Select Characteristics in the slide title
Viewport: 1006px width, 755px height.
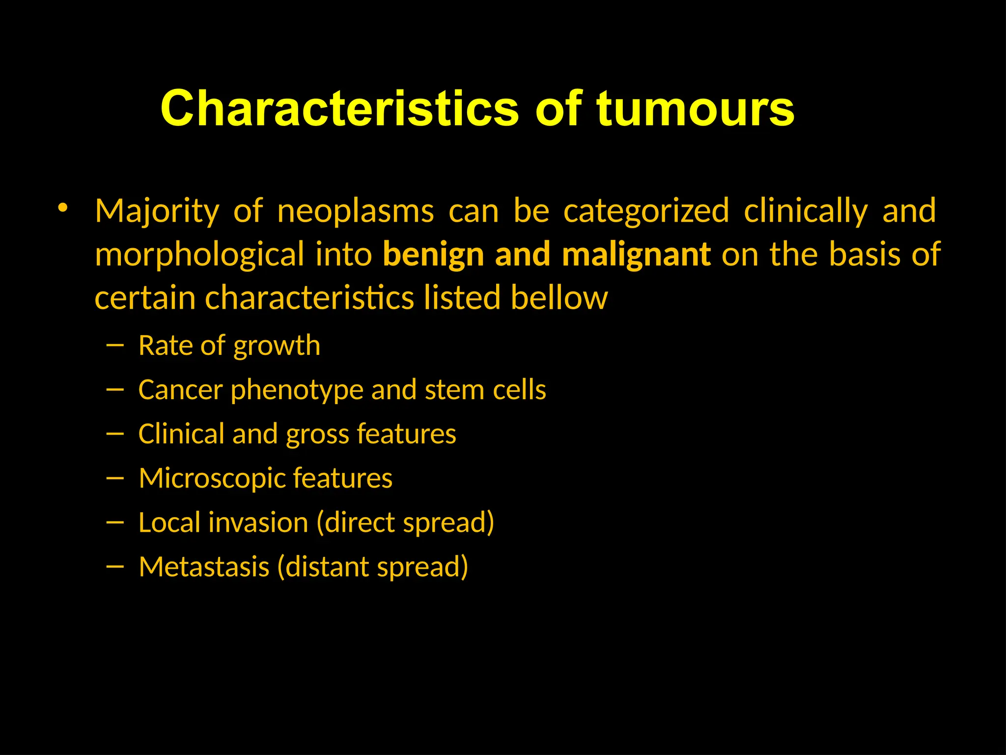click(x=339, y=109)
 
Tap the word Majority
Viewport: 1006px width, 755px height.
click(x=157, y=212)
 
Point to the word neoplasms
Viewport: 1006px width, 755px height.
click(x=356, y=212)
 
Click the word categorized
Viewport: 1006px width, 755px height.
click(x=646, y=212)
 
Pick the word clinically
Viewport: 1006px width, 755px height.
click(x=806, y=212)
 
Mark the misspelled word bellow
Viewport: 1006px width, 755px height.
click(x=559, y=298)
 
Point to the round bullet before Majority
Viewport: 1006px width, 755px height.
click(x=62, y=208)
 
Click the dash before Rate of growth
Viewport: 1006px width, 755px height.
click(x=114, y=346)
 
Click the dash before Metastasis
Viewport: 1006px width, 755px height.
click(x=114, y=567)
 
